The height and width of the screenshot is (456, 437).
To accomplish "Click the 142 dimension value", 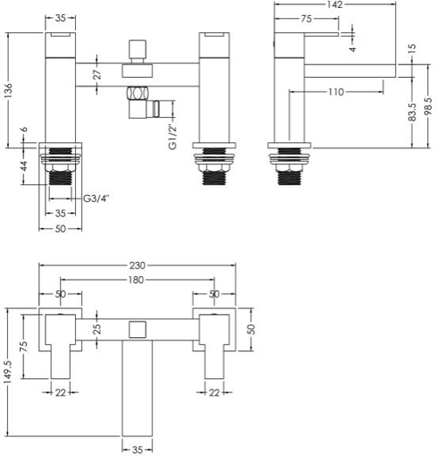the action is coord(335,4).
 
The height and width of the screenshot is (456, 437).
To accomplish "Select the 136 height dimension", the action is coord(9,90).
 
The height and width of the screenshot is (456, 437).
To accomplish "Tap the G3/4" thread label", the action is coord(96,198).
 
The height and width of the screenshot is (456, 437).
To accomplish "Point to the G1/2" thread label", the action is coord(173,137).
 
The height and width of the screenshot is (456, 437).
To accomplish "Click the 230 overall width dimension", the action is coord(137,266).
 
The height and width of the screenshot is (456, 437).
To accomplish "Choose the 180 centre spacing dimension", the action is coord(136,280).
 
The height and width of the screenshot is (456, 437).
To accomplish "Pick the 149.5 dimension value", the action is coord(8,372).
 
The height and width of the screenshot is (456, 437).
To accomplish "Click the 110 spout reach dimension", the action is coord(336,92).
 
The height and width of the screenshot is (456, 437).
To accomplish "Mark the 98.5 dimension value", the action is coord(428,107).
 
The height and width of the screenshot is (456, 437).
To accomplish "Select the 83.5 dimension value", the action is coord(413,112).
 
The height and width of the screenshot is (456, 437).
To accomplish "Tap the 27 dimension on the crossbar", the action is coord(98,74).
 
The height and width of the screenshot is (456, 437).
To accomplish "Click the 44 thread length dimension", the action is coord(24,166).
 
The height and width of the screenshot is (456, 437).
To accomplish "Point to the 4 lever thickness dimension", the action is coord(352,49).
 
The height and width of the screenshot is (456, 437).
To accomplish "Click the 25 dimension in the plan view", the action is coord(98,328).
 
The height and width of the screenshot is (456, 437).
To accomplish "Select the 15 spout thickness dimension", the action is coord(412,49).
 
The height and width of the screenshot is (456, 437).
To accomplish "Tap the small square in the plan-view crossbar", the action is coord(137,329).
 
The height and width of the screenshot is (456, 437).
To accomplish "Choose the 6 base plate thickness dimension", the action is coord(24,129).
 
